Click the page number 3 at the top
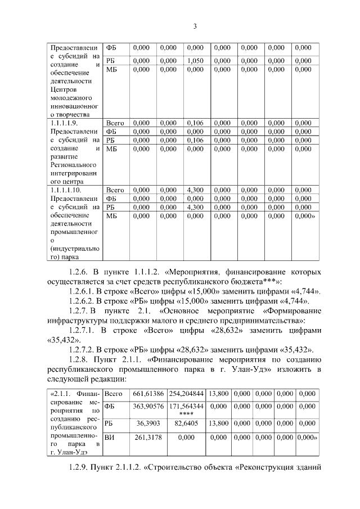pyautogui.click(x=194, y=26)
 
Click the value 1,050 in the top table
pyautogui.click(x=195, y=61)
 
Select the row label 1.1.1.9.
pyautogui.click(x=64, y=122)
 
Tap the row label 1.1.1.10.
pyautogui.click(x=65, y=190)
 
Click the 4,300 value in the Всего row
pyautogui.click(x=195, y=190)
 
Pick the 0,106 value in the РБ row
pyautogui.click(x=195, y=140)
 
